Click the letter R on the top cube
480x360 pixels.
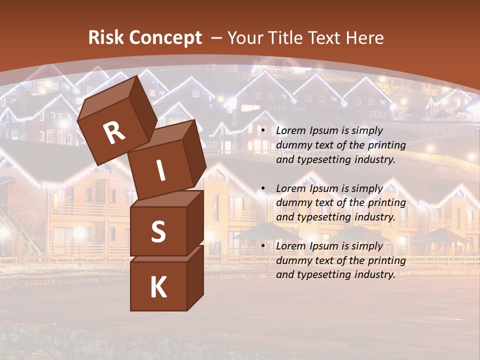[114, 132]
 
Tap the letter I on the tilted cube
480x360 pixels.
[160, 170]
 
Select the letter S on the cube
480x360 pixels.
[158, 231]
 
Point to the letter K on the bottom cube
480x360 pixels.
[158, 287]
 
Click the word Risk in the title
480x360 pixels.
[106, 38]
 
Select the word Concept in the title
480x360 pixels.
[165, 38]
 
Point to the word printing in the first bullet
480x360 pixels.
[386, 145]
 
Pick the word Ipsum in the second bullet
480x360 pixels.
[327, 188]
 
